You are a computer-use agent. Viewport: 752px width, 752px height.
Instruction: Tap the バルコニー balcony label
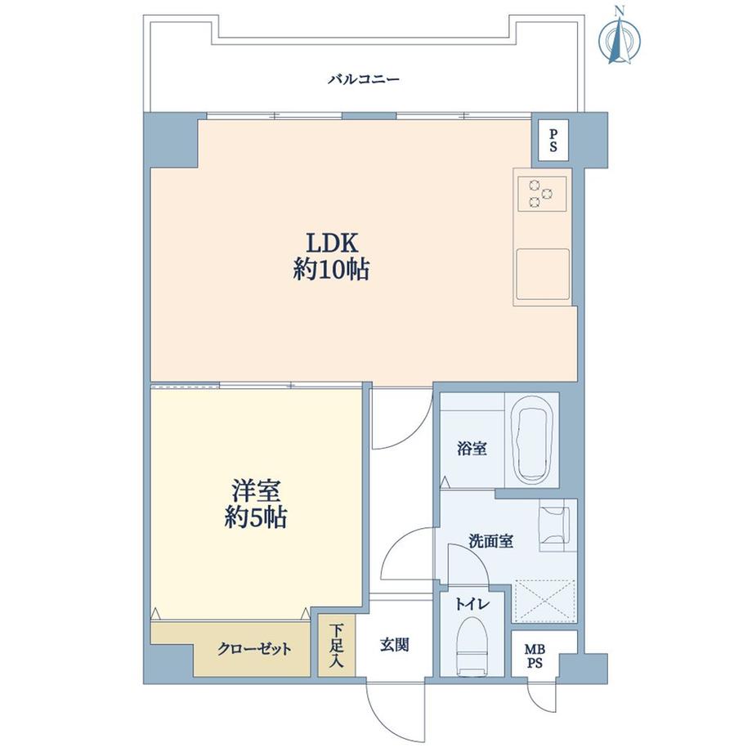coord(364,79)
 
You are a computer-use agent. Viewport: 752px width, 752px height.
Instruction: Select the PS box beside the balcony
coord(553,140)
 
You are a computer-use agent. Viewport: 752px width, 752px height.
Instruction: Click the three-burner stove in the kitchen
coord(541,193)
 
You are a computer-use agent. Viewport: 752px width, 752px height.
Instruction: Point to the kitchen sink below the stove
coord(543,274)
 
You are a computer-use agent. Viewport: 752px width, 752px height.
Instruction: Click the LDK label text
coord(333,243)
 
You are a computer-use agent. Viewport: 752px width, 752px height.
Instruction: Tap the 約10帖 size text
coord(331,271)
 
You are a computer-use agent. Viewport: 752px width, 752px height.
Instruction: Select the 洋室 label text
coord(256,490)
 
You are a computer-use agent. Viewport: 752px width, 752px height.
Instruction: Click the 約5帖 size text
coord(256,517)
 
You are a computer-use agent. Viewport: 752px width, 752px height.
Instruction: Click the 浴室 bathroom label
coord(472,449)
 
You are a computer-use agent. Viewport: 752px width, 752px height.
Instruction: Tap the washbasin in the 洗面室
coord(554,529)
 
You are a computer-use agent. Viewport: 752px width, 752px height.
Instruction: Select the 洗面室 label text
coord(490,541)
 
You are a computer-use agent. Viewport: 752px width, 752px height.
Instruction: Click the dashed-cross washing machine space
coord(545,602)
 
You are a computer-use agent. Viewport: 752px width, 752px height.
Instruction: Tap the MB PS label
coord(535,656)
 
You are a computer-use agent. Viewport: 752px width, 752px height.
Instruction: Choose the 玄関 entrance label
coord(394,645)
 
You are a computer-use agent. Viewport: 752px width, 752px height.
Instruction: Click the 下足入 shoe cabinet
coord(336,646)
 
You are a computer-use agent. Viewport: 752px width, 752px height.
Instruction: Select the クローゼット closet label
coord(254,649)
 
